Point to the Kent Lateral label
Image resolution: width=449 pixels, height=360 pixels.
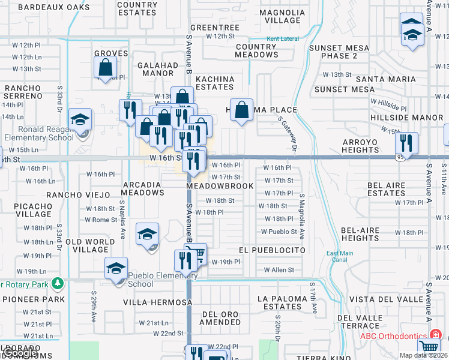point(282,39)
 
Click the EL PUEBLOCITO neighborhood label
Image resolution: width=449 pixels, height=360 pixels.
point(272,250)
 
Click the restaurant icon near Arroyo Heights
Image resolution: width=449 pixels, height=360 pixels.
point(407,143)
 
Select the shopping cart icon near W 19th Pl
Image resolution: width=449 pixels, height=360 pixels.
point(197,254)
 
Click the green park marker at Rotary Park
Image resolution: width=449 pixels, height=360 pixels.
point(58,283)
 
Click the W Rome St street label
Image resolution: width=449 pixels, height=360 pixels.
point(101,220)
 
